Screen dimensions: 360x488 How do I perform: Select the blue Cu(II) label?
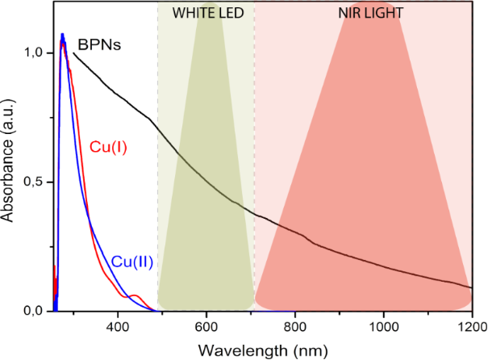pos(132,262)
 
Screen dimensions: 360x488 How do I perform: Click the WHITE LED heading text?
pos(205,14)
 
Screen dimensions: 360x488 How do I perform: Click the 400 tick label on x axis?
pos(118,327)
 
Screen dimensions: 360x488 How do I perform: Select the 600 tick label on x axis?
pos(206,327)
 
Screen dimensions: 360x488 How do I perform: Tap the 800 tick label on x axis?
pos(295,327)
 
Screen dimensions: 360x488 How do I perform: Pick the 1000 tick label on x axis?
pos(383,327)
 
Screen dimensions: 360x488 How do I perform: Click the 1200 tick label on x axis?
pos(471,327)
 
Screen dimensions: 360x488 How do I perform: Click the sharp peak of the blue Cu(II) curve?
pos(62,35)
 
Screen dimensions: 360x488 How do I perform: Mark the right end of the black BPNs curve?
pos(470,287)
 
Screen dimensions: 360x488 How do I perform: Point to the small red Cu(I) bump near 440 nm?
pos(136,296)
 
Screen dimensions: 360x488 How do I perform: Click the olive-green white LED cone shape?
pos(206,202)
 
